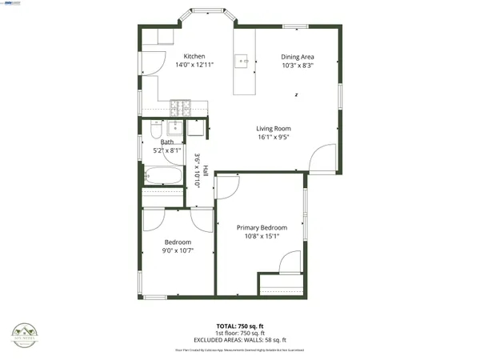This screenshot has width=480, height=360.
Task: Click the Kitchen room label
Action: coord(194,56)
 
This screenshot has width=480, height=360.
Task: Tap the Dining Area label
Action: coord(297,57)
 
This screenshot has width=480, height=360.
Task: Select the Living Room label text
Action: coord(274,128)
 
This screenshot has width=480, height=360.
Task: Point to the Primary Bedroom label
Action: coord(262,228)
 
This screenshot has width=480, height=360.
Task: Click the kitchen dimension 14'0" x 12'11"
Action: coord(194,66)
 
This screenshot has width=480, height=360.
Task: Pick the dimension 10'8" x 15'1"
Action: coord(262,237)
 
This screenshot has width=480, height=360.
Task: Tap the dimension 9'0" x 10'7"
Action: coord(178,251)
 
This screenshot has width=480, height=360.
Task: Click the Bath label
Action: coord(166,142)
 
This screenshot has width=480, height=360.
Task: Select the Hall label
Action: coord(206,170)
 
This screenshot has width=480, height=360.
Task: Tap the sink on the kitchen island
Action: coord(242,60)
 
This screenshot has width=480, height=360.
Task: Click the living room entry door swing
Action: coord(322,158)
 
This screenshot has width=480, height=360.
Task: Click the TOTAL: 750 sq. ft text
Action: coord(239,326)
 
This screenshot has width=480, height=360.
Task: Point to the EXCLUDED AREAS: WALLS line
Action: coord(239,339)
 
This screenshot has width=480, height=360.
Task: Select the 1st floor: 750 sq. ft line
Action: coord(239,333)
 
